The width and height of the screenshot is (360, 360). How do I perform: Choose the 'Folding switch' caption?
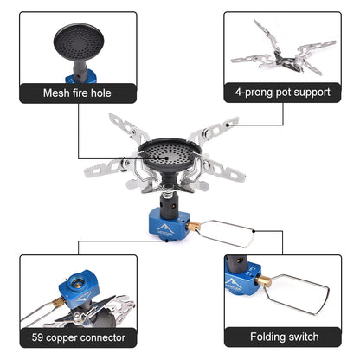[x=284, y=337]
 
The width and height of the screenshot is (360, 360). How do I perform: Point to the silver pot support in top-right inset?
[x=277, y=54]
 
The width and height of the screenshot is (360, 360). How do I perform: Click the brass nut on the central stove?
[x=194, y=226]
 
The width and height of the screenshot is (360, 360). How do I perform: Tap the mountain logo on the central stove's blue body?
[x=163, y=230]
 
